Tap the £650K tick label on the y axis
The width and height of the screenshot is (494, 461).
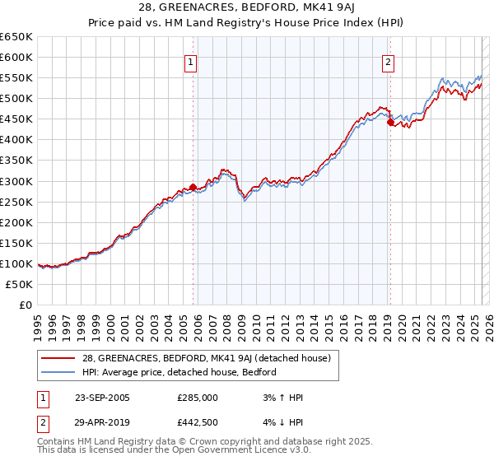(16, 37)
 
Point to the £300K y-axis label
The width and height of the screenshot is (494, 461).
(16, 181)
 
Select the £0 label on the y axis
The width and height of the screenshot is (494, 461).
(25, 305)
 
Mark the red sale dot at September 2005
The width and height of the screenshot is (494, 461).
(193, 187)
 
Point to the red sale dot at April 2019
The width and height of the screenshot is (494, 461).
(390, 122)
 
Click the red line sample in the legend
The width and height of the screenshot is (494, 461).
(59, 358)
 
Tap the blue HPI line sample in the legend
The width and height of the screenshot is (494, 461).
(59, 372)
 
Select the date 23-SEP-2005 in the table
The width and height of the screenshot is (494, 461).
(102, 398)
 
